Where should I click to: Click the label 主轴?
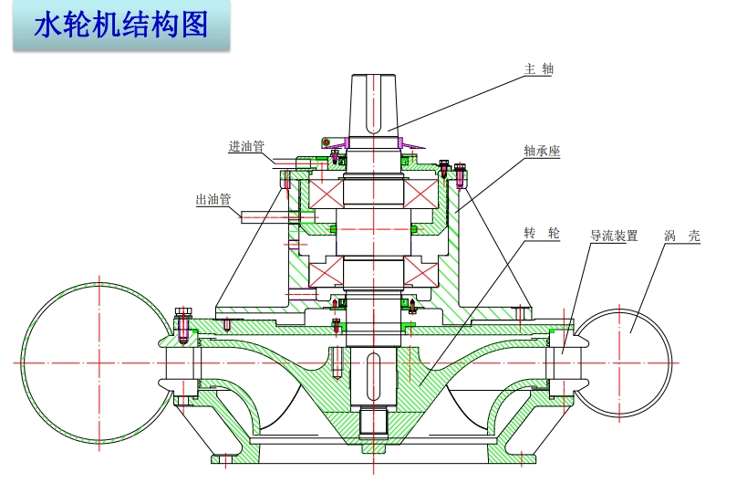(539, 68)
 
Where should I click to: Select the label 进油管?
(246, 146)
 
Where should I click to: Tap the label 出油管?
(213, 198)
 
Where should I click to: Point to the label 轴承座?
(542, 151)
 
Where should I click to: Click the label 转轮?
(542, 235)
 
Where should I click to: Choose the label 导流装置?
(614, 236)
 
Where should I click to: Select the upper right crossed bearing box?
(422, 193)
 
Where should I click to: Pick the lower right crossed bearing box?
(421, 271)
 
